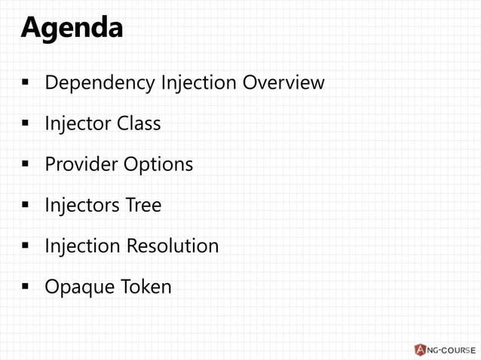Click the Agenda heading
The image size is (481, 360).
click(x=72, y=28)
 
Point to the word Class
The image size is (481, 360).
click(x=138, y=123)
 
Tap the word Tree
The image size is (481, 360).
click(x=143, y=205)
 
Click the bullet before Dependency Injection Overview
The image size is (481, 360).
click(x=25, y=82)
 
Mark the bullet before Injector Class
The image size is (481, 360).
click(x=25, y=124)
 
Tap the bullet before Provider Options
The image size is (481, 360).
click(x=25, y=164)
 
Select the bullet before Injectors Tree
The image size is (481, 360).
click(x=25, y=205)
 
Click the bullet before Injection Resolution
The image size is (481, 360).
click(x=25, y=246)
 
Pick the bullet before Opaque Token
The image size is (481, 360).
click(x=25, y=287)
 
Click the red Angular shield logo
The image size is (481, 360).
click(x=419, y=349)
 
